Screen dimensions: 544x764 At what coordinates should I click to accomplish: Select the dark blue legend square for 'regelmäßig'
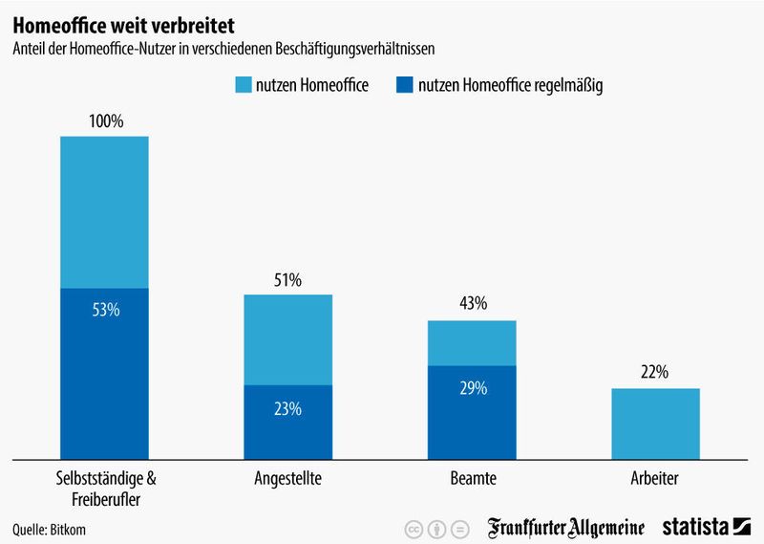(405, 86)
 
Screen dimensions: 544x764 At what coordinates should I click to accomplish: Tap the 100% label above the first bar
(105, 121)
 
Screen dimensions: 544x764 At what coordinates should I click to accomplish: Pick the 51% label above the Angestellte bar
(287, 280)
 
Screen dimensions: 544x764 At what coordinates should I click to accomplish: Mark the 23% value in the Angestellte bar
(287, 409)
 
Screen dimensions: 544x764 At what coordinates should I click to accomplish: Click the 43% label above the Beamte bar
(472, 304)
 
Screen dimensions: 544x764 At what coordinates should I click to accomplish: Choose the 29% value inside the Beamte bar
(472, 388)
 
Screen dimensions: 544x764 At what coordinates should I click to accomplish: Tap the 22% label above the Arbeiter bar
(655, 373)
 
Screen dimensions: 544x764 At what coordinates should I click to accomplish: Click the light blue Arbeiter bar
(655, 423)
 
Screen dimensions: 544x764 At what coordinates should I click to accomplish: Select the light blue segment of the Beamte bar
(472, 342)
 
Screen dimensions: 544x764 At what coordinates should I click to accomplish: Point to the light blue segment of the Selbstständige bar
(105, 211)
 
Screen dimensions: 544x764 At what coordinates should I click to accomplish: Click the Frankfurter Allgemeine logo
(566, 527)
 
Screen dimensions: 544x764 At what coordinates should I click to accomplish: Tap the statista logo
(707, 527)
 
